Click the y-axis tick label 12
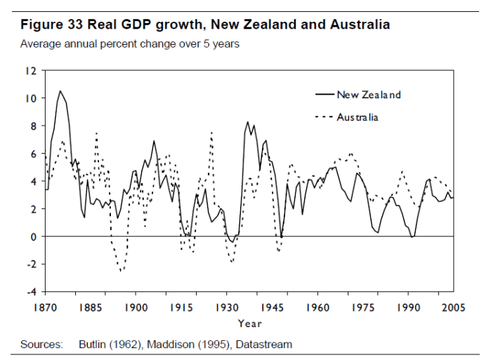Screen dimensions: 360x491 [x=31, y=71]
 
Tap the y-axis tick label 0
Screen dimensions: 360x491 [x=33, y=236]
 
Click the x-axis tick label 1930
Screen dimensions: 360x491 [x=227, y=307]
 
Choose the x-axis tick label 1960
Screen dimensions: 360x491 [x=317, y=307]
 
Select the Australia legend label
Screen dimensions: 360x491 [x=358, y=117]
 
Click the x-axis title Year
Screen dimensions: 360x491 [x=249, y=324]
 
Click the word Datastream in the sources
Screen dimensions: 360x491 [x=266, y=345]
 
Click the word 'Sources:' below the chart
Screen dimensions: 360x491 [x=41, y=345]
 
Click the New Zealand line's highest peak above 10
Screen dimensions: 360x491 [x=60, y=91]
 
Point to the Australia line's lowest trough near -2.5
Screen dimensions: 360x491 [x=121, y=271]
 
